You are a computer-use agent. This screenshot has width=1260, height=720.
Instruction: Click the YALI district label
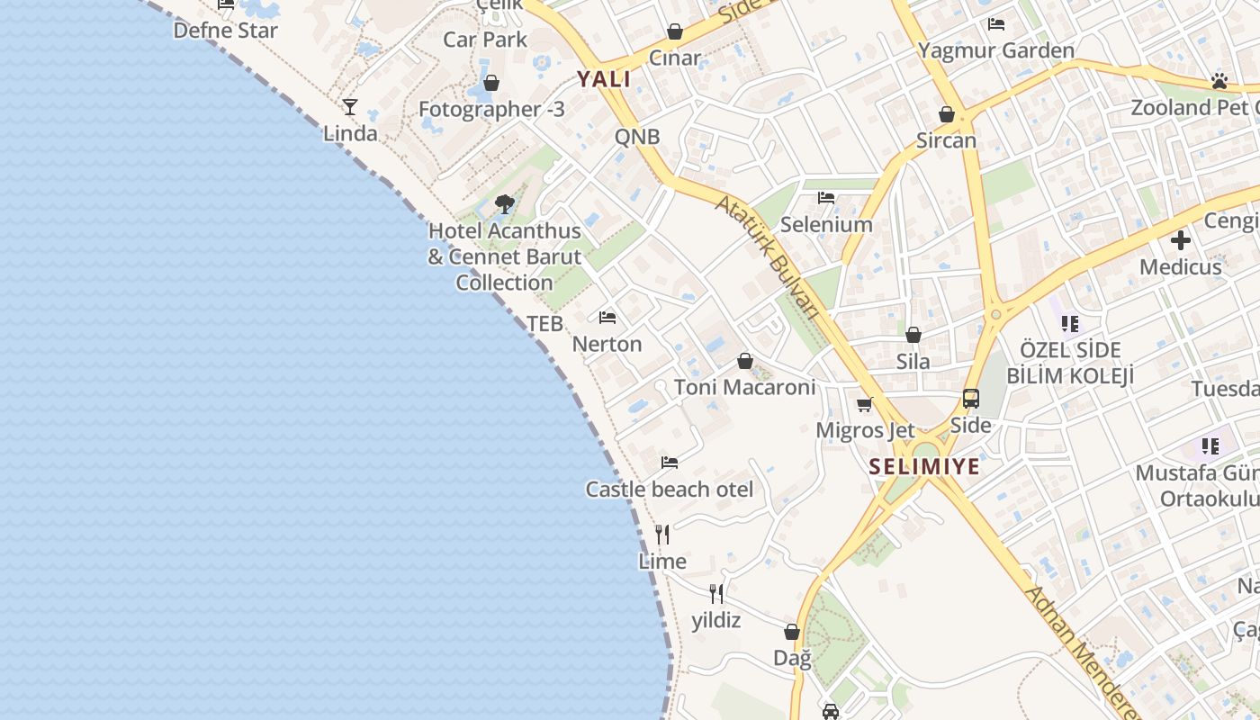[x=604, y=78]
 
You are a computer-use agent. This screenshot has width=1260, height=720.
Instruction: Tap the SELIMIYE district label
[x=924, y=466]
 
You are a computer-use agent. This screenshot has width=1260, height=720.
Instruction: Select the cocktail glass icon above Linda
[x=350, y=107]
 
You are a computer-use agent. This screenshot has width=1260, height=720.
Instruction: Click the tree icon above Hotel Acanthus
[x=505, y=204]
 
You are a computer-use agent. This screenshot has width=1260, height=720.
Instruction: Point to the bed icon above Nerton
[x=607, y=318]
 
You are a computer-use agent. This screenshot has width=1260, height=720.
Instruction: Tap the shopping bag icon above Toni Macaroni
[x=745, y=361]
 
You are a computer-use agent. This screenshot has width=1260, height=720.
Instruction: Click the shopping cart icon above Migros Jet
[x=865, y=404]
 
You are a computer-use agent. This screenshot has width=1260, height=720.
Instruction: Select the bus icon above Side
[x=971, y=399]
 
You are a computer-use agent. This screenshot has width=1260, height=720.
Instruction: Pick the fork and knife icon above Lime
[x=662, y=535]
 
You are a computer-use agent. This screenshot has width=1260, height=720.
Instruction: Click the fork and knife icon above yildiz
[x=716, y=593]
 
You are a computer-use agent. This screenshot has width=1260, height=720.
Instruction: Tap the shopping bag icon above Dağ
[x=792, y=632]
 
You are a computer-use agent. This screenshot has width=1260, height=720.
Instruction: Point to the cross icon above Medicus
[x=1181, y=240]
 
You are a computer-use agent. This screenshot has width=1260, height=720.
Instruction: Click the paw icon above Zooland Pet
[x=1219, y=81]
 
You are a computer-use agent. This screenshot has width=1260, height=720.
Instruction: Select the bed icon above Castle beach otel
[x=670, y=463]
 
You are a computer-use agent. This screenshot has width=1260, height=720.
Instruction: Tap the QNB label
[x=637, y=137]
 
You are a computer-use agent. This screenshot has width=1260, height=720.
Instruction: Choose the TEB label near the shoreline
[x=544, y=323]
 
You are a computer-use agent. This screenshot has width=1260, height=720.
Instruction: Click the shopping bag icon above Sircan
[x=946, y=114]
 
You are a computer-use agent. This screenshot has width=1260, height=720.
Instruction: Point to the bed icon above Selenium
[x=826, y=198]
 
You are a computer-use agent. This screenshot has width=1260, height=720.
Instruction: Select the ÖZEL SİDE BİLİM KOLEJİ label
[x=1070, y=362]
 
